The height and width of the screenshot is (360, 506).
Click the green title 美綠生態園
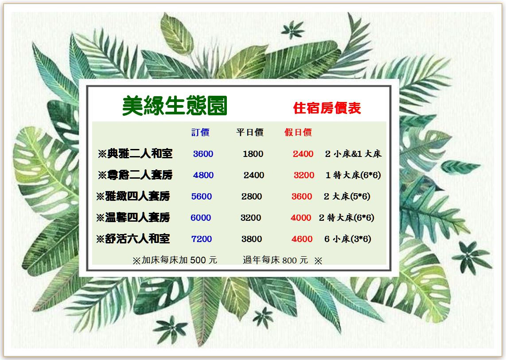pyautogui.click(x=175, y=106)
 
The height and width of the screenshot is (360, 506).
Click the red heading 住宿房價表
pyautogui.click(x=327, y=108)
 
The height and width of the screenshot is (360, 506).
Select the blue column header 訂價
pyautogui.click(x=200, y=133)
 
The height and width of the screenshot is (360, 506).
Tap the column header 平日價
pyautogui.click(x=250, y=133)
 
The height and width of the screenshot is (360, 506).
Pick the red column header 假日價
pyautogui.click(x=298, y=133)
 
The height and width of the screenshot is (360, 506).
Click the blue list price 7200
pyautogui.click(x=202, y=239)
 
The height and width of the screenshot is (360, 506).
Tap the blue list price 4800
pyautogui.click(x=203, y=175)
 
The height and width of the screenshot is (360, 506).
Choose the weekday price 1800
pyautogui.click(x=253, y=154)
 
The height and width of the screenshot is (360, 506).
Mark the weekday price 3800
pyautogui.click(x=252, y=239)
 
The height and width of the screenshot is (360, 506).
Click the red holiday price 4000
pyautogui.click(x=301, y=218)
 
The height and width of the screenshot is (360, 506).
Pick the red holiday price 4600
pyautogui.click(x=302, y=239)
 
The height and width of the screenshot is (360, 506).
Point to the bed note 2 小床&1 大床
pyautogui.click(x=354, y=154)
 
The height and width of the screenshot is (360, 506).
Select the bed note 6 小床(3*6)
pyautogui.click(x=347, y=239)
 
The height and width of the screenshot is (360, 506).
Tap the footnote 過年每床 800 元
pyautogui.click(x=275, y=260)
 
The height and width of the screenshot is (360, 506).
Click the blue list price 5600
pyautogui.click(x=202, y=196)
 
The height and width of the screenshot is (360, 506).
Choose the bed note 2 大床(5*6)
pyautogui.click(x=347, y=196)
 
